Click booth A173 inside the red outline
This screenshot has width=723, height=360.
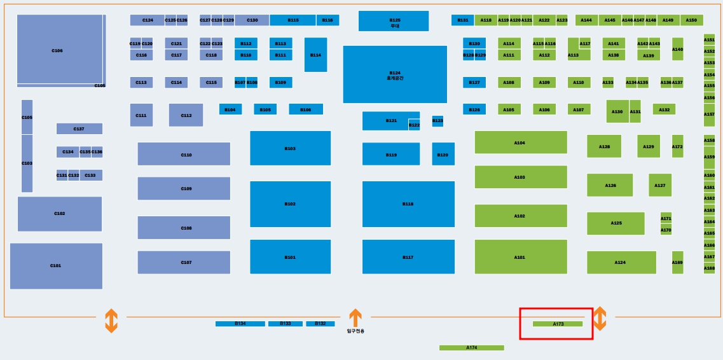click(x=558, y=324)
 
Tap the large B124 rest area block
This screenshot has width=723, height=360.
click(x=395, y=74)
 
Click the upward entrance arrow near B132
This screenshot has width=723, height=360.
click(x=355, y=317)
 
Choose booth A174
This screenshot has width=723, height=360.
click(x=471, y=348)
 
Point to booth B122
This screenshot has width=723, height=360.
click(x=414, y=125)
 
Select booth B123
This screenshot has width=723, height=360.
click(x=437, y=121)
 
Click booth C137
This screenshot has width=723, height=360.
click(x=79, y=128)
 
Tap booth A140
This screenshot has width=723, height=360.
click(x=677, y=49)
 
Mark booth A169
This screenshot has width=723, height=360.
click(x=677, y=262)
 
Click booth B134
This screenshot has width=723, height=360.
click(x=240, y=324)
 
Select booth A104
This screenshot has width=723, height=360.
click(x=520, y=142)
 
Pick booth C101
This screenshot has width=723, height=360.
click(x=56, y=266)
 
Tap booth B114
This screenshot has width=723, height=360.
click(x=315, y=55)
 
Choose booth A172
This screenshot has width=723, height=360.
click(x=677, y=146)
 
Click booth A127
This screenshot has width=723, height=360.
click(x=660, y=185)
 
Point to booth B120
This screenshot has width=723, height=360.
click(x=443, y=155)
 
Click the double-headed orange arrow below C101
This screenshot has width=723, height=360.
click(x=111, y=321)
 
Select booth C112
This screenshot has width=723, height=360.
click(x=186, y=115)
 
